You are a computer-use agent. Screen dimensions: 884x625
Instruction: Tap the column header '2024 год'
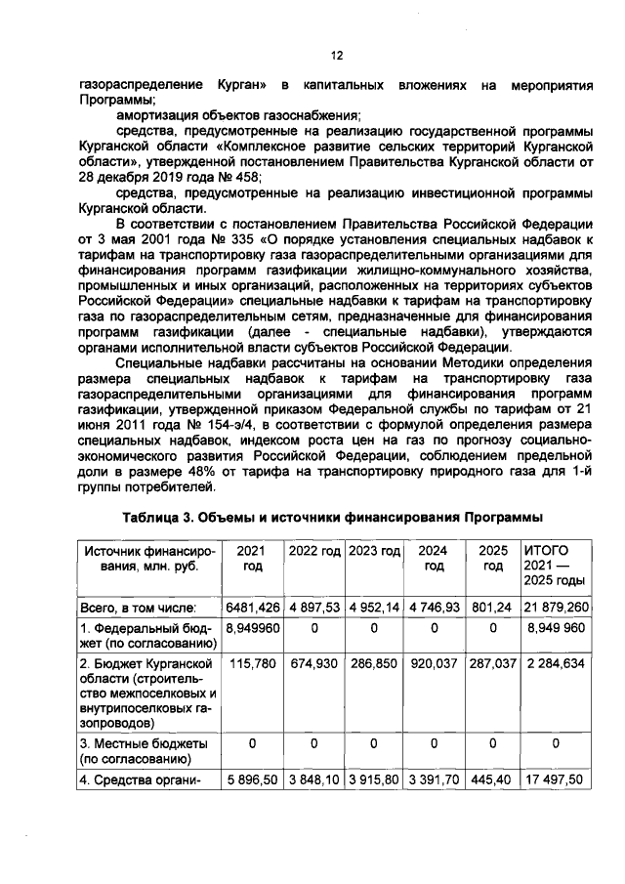pos(435,559)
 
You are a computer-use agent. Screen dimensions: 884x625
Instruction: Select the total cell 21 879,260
pos(555,607)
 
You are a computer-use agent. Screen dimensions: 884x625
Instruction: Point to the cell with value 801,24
pos(494,607)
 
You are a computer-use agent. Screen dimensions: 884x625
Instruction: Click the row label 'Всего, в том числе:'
pos(139,607)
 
